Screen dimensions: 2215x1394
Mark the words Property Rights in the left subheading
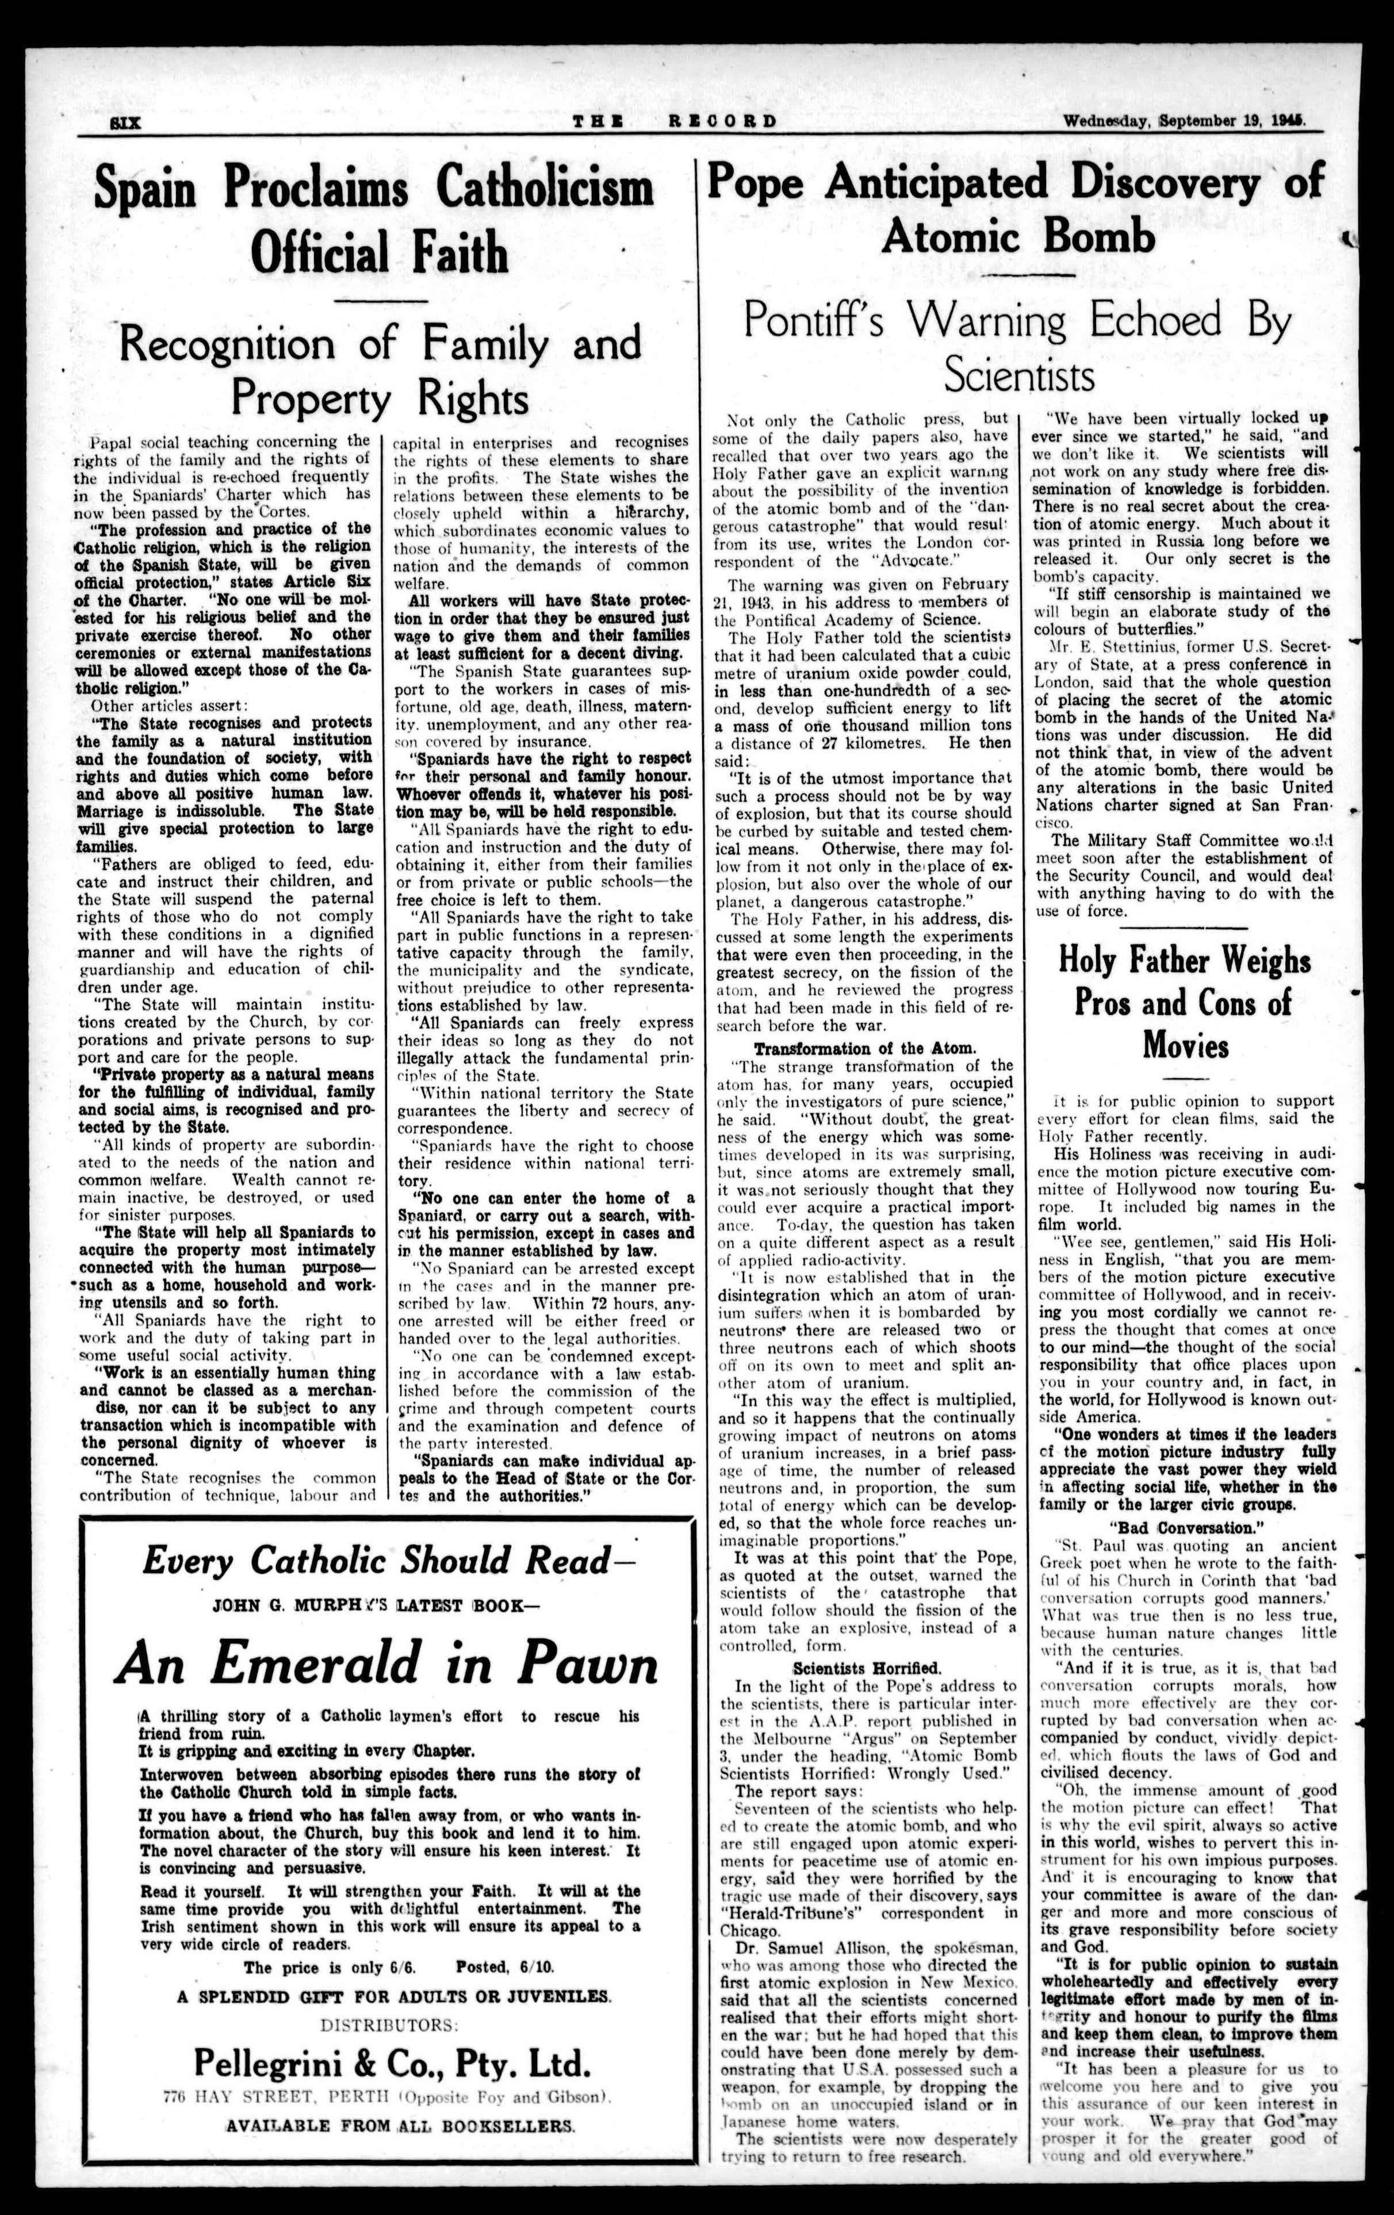coord(379,398)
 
